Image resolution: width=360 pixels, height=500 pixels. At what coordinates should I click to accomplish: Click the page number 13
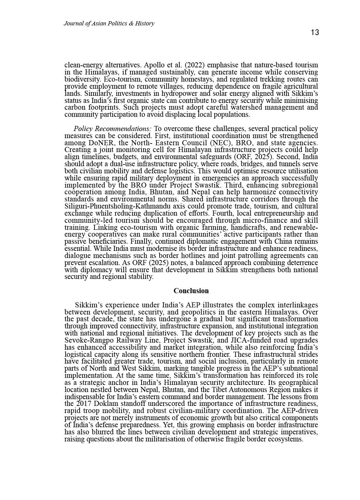[x=315, y=32]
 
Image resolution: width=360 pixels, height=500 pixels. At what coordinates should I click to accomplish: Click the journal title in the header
[x=109, y=23]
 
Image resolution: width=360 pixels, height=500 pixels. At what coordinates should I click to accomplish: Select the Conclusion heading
[x=191, y=291]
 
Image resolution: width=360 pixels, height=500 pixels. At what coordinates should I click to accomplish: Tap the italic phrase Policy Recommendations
[x=112, y=129]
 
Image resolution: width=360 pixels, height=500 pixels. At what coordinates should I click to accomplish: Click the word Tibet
[x=222, y=390]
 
